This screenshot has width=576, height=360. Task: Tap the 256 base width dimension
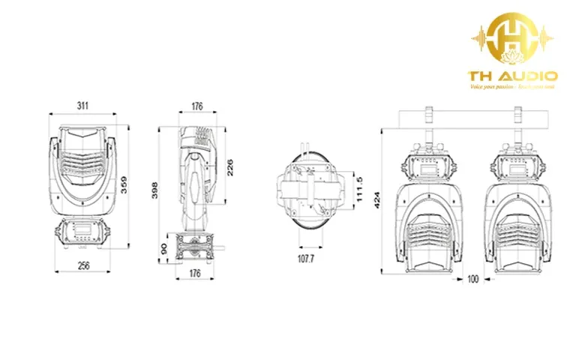point(82,265)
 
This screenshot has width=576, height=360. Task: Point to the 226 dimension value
point(229,163)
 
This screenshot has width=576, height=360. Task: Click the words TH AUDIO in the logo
point(512,76)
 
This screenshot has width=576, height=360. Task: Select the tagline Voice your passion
point(513,87)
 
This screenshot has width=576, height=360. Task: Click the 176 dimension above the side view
point(196,106)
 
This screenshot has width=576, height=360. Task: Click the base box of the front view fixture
point(82,233)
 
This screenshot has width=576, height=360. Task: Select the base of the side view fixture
point(195,245)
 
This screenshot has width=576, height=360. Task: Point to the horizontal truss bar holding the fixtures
point(472,118)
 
